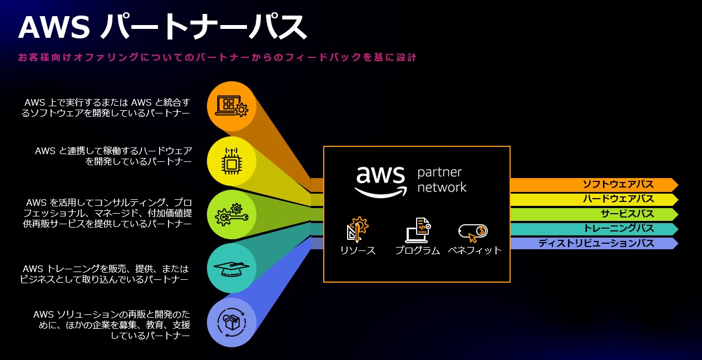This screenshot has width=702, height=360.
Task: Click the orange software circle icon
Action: [x=231, y=106]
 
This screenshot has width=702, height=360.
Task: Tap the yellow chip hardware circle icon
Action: [x=231, y=161]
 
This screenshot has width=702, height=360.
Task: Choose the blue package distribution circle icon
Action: [x=231, y=322]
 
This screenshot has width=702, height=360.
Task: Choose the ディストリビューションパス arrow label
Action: [x=596, y=243]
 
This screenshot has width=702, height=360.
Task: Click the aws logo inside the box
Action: [x=381, y=180]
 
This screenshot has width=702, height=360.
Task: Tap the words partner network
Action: [x=442, y=179]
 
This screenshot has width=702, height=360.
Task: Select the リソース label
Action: [x=358, y=251]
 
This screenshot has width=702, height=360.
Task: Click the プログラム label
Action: [x=417, y=251]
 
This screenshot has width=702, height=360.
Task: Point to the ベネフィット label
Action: [x=474, y=251]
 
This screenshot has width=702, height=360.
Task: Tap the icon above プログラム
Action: [x=418, y=229]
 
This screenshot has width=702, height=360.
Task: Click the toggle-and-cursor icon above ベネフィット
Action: [x=473, y=231]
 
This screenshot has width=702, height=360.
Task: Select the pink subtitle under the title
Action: [x=217, y=57]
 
